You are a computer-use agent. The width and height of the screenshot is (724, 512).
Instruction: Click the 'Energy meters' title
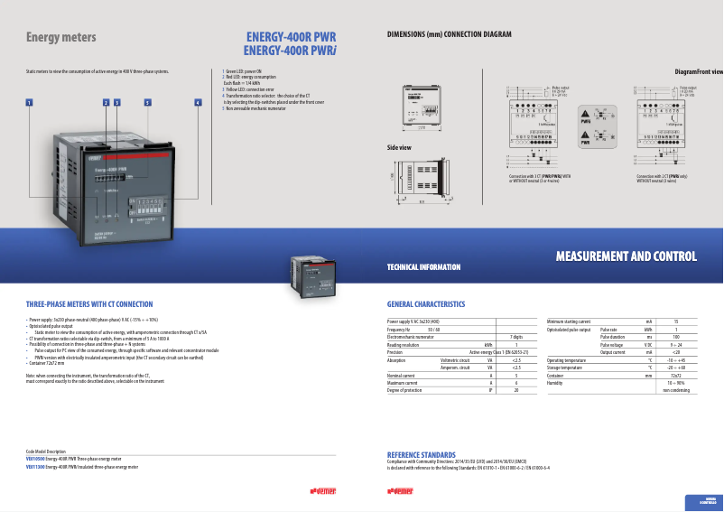click(60, 38)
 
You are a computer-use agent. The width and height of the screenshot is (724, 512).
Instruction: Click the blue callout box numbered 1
click(29, 103)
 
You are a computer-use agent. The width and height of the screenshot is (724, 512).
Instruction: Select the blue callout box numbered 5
click(147, 103)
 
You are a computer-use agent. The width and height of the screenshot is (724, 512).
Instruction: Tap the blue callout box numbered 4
click(197, 103)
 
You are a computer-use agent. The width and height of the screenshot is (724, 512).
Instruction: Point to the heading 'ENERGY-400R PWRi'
click(290, 51)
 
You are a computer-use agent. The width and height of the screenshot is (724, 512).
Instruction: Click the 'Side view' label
click(399, 147)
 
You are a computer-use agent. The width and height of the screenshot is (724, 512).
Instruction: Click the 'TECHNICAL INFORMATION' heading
click(423, 267)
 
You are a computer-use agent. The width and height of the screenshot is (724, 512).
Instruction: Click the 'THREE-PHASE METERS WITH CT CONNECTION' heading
click(89, 304)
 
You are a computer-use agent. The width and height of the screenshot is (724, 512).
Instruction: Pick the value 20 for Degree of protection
click(515, 389)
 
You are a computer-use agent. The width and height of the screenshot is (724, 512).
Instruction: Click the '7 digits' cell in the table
click(515, 337)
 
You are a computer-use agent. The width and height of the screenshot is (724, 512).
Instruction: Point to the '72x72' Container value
click(675, 375)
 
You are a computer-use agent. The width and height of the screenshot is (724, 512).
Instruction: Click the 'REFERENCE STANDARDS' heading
click(421, 454)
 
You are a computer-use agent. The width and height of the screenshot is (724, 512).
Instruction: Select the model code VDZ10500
click(35, 459)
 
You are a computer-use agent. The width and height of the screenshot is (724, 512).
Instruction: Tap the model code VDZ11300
click(35, 468)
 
